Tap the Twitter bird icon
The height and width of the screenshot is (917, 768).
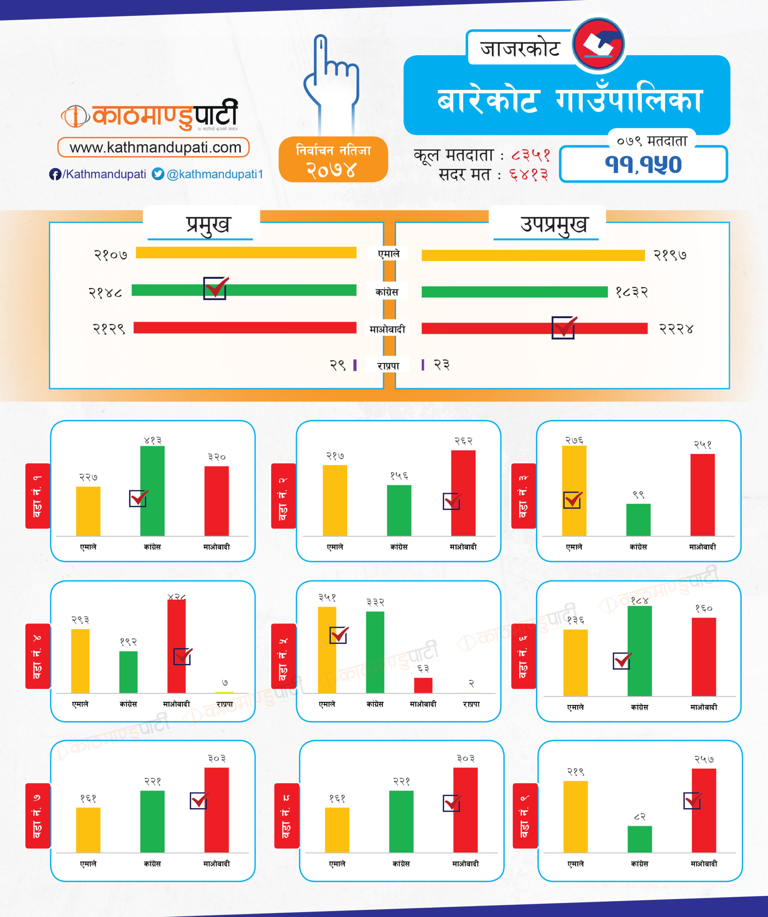(157, 174)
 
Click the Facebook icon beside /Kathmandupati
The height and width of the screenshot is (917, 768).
(55, 174)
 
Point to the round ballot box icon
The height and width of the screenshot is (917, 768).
(598, 44)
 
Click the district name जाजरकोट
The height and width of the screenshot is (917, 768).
(520, 48)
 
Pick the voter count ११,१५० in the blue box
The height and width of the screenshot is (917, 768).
(643, 165)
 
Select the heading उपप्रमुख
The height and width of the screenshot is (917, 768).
(553, 225)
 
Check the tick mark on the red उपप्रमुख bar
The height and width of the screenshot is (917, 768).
(563, 327)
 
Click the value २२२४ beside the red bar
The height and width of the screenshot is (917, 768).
(676, 329)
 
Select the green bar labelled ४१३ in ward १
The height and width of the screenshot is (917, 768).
(152, 491)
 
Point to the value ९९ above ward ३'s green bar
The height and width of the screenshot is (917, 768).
(638, 495)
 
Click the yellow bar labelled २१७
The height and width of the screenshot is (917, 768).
(335, 500)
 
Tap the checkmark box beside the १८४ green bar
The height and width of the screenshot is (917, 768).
(622, 661)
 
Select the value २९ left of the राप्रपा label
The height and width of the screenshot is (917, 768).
(337, 365)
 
